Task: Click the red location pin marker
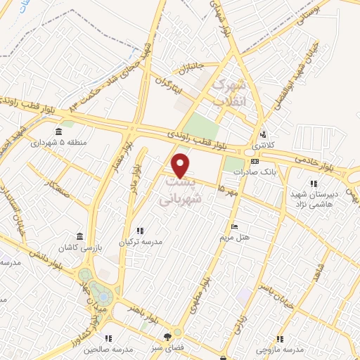181,165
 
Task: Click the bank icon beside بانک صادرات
255,161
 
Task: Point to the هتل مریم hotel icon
234,226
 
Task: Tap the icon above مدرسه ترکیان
139,231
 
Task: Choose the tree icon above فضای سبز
167,336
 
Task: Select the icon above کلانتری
262,134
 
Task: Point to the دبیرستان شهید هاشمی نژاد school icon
313,184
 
